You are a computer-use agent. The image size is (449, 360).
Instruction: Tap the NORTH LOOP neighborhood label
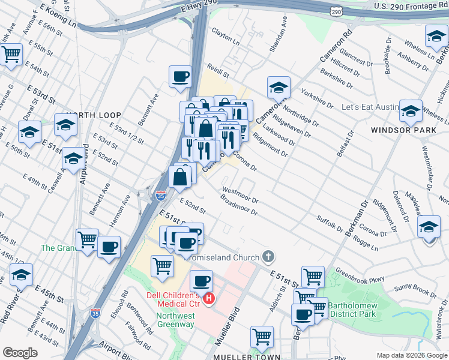tap(94, 115)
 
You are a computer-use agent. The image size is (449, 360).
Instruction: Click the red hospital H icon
tap(209, 298)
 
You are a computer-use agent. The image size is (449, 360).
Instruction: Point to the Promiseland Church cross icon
tap(268, 257)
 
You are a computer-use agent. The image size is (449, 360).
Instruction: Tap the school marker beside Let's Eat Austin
tap(411, 111)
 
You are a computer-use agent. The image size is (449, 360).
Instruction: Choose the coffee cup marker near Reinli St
tap(180, 77)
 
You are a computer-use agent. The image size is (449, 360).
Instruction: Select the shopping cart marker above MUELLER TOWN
tap(262, 337)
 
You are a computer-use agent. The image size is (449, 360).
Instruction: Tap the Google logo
tap(20, 352)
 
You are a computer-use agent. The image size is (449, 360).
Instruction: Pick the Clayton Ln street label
tap(224, 40)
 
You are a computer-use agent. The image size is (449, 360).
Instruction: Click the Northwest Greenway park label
tap(176, 320)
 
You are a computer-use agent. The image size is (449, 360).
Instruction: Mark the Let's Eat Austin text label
tap(370, 107)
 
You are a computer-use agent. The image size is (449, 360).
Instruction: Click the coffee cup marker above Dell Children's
tap(202, 281)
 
